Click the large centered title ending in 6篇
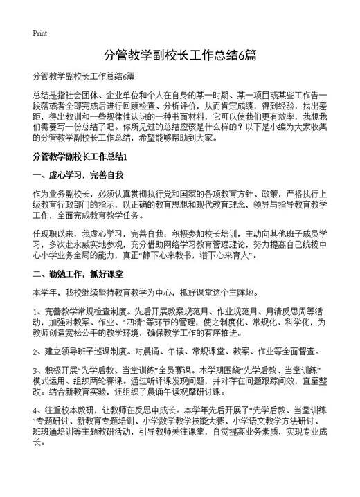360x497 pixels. pos(179,55)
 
